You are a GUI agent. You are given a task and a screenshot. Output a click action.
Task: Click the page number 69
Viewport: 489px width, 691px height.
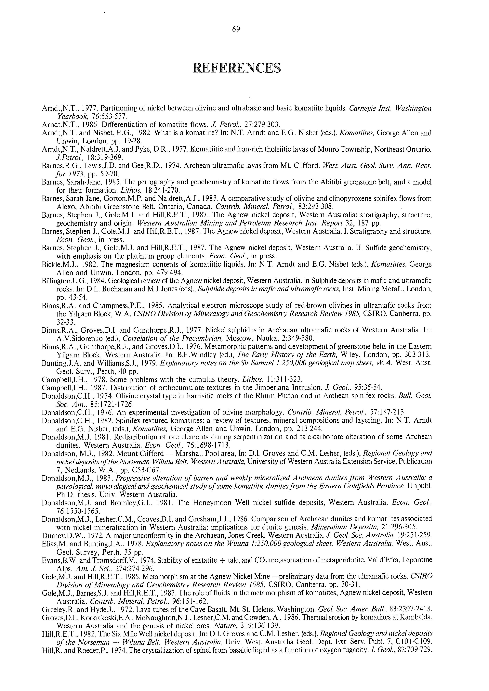click(x=236, y=29)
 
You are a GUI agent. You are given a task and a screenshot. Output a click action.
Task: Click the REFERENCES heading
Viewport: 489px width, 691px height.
click(x=237, y=68)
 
